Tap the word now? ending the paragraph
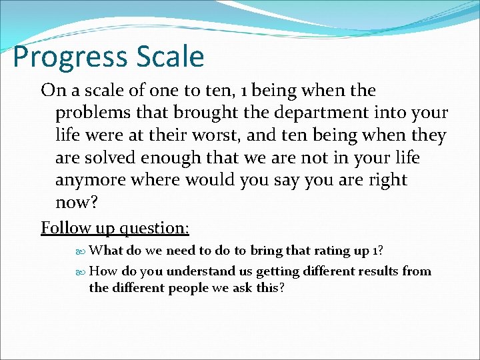76,203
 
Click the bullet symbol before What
81,251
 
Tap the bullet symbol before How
81,272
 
